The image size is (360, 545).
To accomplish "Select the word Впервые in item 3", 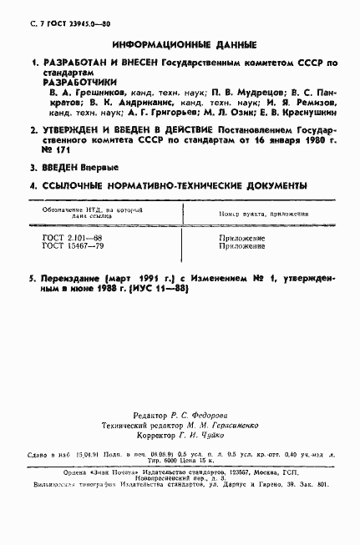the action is coord(101,167).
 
